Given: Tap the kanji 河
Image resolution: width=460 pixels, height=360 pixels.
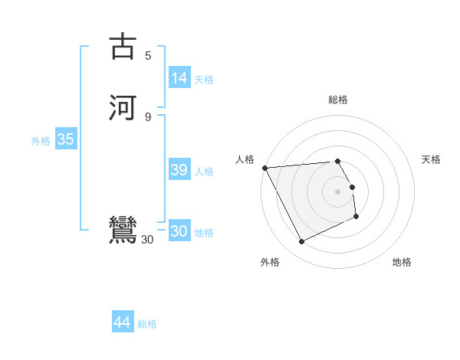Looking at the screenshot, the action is [x=123, y=107].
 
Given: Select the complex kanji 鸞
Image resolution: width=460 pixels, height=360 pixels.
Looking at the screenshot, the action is [x=123, y=231].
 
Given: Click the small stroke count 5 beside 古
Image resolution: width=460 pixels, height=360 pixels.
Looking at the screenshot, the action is [x=148, y=55].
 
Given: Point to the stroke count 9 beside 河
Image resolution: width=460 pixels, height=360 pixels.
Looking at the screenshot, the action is [x=148, y=116].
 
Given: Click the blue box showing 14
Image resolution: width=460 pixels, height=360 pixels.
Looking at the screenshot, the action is [x=179, y=78].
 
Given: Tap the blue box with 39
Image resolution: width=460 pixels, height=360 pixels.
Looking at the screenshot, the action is [x=179, y=170].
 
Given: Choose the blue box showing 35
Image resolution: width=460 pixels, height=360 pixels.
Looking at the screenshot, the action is [x=65, y=140].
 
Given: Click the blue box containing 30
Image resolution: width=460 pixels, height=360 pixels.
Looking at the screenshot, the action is [x=179, y=231].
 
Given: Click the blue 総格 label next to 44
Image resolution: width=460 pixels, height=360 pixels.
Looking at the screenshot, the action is [x=147, y=324].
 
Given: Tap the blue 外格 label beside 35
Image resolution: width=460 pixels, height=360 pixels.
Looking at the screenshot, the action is [x=41, y=141].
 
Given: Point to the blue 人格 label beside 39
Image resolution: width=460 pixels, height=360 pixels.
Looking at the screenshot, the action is [x=205, y=172].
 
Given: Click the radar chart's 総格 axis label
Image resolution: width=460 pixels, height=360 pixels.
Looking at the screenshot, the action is [x=338, y=100].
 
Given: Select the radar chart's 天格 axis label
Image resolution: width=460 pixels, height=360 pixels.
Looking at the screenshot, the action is [x=431, y=159].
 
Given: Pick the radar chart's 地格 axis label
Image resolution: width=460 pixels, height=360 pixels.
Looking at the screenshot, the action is [x=402, y=262].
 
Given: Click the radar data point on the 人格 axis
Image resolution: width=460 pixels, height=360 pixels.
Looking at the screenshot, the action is [x=264, y=168].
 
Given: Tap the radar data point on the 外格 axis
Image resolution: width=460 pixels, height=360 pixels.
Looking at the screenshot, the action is [x=301, y=242].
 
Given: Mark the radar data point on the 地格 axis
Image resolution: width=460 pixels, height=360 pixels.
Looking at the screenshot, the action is [x=356, y=218].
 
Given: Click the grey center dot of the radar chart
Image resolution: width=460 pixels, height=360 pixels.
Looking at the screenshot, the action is [x=338, y=191].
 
